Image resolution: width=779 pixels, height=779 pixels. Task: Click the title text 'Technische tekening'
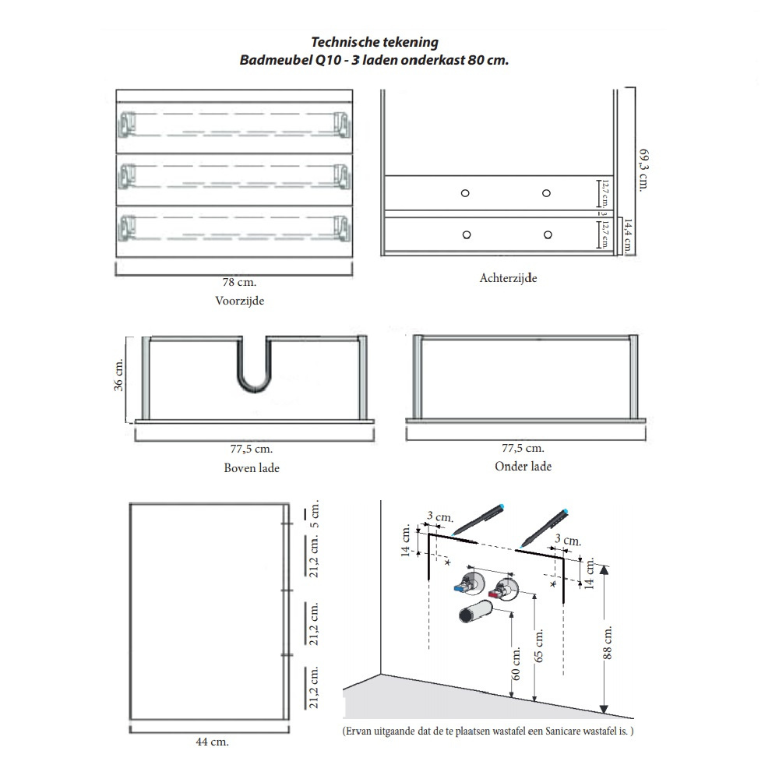pyautogui.click(x=375, y=42)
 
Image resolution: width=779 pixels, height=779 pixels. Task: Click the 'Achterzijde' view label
pyautogui.click(x=508, y=277)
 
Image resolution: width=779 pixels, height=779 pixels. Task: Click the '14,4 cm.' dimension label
pyautogui.click(x=628, y=235)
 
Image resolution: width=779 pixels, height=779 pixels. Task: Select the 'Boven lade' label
pyautogui.click(x=252, y=468)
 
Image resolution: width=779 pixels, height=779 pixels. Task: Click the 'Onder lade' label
pyautogui.click(x=523, y=467)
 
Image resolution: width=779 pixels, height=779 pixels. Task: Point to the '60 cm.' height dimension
pyautogui.click(x=516, y=663)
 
